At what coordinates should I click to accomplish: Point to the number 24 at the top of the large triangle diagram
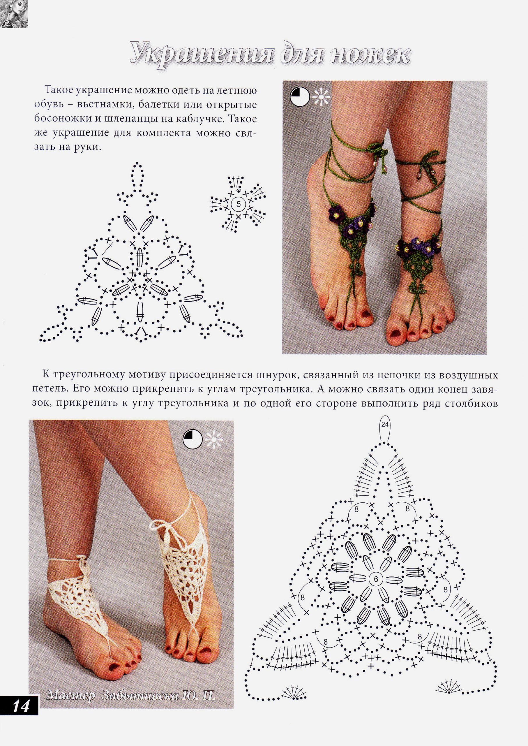click(385, 425)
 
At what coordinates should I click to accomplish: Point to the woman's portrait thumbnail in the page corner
click(14, 13)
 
